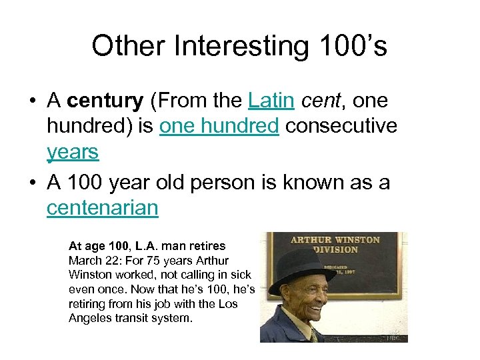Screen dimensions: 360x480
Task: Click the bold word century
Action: pos(105,101)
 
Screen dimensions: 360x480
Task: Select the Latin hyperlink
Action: pos(271,101)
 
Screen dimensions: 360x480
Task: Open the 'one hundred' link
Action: pos(219,127)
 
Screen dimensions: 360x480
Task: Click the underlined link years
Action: pos(73,152)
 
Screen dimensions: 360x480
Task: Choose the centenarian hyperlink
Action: pos(103,208)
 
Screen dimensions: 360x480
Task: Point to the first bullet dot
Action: pos(31,102)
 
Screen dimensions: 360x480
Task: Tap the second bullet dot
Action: pos(31,183)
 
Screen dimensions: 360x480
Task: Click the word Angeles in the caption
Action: pos(89,319)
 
